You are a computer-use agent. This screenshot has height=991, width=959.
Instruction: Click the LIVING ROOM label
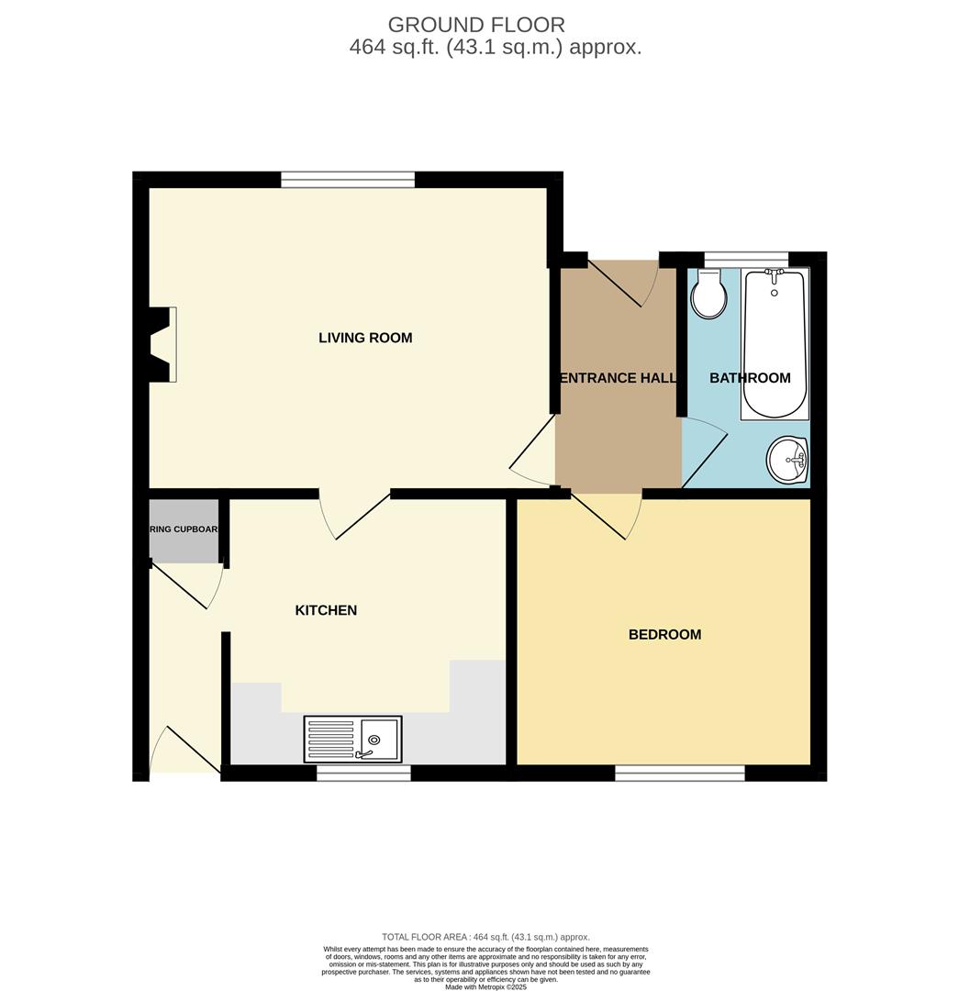tap(365, 338)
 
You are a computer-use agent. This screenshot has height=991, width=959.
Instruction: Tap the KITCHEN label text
tap(326, 610)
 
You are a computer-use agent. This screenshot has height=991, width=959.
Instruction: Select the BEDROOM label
tap(664, 634)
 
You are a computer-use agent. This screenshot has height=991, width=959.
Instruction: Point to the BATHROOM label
tap(750, 378)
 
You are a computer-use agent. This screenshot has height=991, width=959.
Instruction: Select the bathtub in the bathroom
tap(774, 344)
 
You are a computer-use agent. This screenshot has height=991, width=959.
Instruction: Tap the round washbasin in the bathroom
tap(787, 459)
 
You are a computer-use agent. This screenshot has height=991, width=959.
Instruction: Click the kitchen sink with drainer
tap(353, 739)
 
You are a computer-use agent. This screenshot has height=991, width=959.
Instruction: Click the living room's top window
tap(348, 180)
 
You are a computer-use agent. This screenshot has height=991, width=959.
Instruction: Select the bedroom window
tap(679, 774)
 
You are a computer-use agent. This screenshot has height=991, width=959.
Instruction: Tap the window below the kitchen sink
tap(363, 774)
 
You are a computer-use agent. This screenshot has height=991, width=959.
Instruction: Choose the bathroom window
tap(745, 259)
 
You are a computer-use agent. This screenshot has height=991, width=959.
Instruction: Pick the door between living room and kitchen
tap(354, 514)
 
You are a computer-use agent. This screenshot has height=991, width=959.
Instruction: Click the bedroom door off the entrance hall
tap(607, 514)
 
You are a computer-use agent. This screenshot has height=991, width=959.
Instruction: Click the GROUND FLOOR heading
tap(476, 25)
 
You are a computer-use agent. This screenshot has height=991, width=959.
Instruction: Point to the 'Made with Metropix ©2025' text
tap(485, 986)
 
